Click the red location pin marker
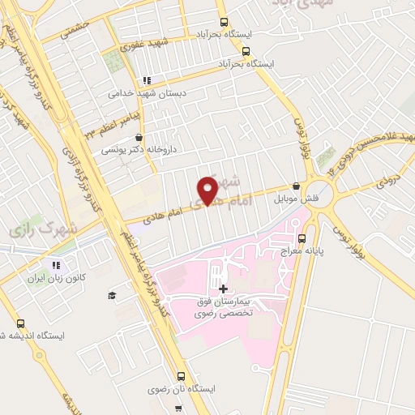(207, 190)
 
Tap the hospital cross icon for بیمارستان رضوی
(223, 289)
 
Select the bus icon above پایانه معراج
(302, 238)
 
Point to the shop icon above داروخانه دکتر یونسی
(141, 138)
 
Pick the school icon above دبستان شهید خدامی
(147, 80)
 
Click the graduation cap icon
(111, 294)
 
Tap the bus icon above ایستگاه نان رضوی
(181, 376)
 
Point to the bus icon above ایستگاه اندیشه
(19, 322)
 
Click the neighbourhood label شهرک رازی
(45, 229)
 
